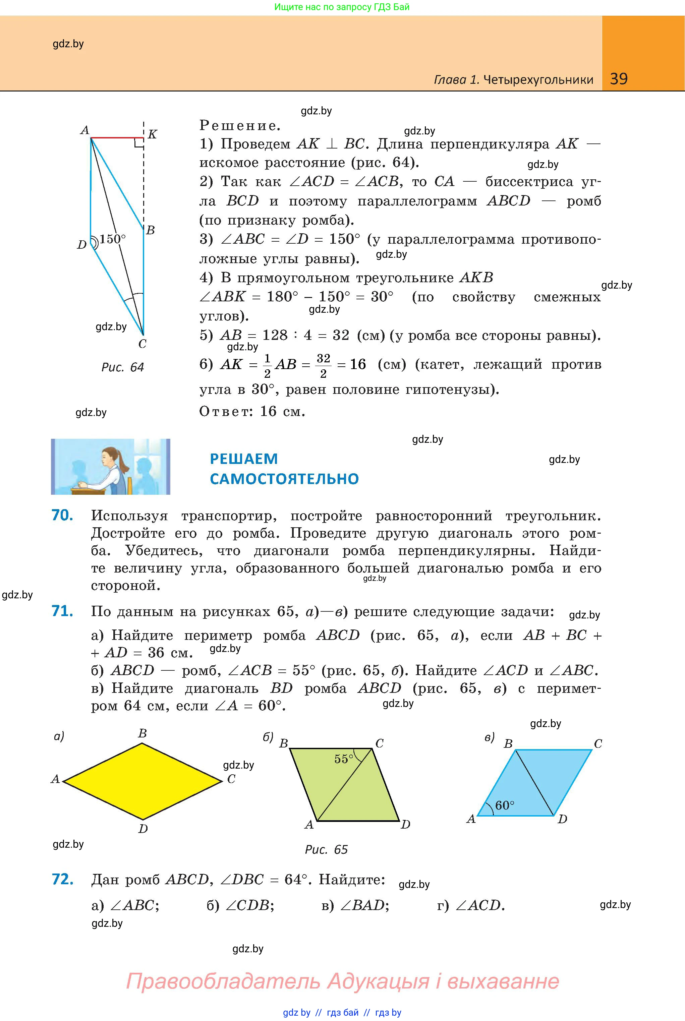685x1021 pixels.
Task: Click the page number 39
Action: [619, 79]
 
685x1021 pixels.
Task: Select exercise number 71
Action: [62, 611]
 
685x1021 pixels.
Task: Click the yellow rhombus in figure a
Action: [142, 781]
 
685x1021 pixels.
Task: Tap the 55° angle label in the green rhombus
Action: [344, 759]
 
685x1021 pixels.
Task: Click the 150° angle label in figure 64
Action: [112, 239]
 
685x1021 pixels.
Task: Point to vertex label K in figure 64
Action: [152, 134]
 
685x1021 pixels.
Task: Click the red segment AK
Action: [117, 137]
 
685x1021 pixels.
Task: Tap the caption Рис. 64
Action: [123, 367]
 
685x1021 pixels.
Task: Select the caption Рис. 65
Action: [326, 849]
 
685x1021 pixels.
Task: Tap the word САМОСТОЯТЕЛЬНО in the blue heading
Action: [284, 479]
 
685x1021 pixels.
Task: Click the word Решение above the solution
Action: [239, 126]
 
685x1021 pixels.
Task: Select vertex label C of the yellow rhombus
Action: [231, 779]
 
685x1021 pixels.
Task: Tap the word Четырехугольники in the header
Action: [539, 79]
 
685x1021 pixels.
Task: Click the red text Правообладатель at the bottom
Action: [224, 981]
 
